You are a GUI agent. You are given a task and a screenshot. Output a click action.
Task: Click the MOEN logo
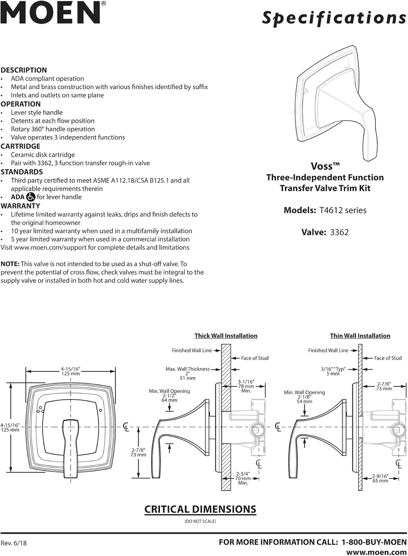[x=53, y=13]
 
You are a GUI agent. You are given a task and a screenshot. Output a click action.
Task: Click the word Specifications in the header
[x=334, y=18]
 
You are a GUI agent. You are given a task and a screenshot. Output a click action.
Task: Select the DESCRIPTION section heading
[x=24, y=70]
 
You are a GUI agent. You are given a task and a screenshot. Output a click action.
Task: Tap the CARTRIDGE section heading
[x=20, y=146]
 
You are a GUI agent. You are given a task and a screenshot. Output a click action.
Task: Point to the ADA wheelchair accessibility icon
[x=30, y=197]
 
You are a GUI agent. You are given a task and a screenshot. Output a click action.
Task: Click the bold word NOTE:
[x=10, y=264]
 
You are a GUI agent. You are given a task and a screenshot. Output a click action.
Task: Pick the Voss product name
[x=325, y=166]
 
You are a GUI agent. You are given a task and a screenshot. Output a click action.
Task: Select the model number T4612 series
[x=343, y=210]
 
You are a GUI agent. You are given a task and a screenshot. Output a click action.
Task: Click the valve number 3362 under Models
[x=339, y=232]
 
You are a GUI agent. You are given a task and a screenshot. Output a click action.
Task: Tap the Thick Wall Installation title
[x=226, y=336]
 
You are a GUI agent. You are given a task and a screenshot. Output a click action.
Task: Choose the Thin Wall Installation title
[x=360, y=336]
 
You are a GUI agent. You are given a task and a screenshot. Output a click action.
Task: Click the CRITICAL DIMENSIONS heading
[x=200, y=509]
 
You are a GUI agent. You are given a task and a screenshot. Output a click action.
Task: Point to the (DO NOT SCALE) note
[x=200, y=521]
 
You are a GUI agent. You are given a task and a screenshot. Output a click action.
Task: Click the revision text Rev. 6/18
[x=13, y=543]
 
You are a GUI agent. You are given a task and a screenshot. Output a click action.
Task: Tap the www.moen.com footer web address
[x=376, y=552]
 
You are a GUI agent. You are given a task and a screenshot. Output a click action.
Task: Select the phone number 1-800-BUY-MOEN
[x=374, y=542]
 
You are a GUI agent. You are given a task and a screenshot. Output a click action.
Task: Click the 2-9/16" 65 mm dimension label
[x=380, y=478]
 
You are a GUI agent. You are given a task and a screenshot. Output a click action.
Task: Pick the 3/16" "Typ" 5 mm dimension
[x=333, y=371]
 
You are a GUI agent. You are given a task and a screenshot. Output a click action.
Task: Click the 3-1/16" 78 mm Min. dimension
[x=246, y=386]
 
